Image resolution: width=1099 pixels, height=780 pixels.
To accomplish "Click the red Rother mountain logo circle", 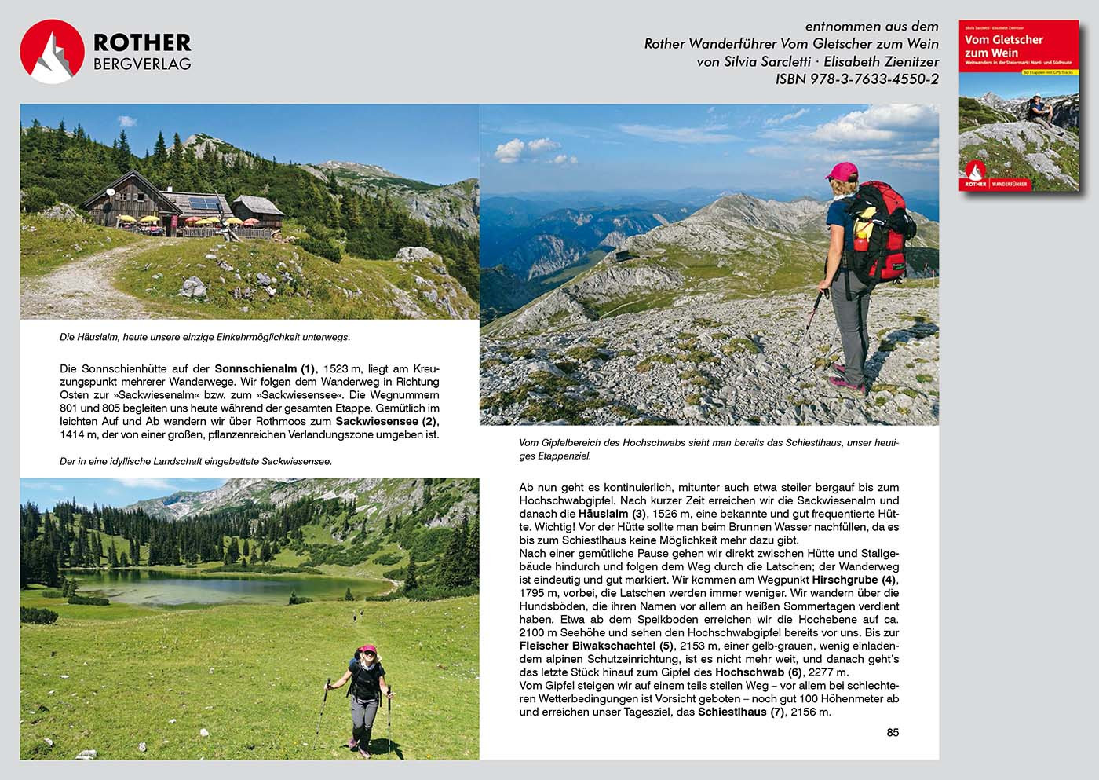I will pyautogui.click(x=52, y=52).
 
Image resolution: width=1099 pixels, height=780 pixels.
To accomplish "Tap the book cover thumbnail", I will pyautogui.click(x=1019, y=106).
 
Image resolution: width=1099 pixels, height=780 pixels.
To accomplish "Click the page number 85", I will pyautogui.click(x=893, y=732).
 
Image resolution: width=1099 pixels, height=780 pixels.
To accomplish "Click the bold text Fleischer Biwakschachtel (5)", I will pyautogui.click(x=597, y=646).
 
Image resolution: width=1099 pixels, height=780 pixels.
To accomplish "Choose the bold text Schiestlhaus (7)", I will pyautogui.click(x=740, y=712).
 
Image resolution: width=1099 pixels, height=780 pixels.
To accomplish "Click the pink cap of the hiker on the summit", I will pyautogui.click(x=841, y=171).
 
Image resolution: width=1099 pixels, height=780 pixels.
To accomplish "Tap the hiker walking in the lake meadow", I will pyautogui.click(x=363, y=695).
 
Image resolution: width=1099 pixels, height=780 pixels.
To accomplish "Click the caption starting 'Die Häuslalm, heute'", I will pyautogui.click(x=205, y=337).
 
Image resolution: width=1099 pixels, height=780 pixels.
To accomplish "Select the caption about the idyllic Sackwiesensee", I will pyautogui.click(x=195, y=461).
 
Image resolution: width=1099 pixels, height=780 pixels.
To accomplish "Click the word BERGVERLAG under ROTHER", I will pyautogui.click(x=142, y=64).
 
